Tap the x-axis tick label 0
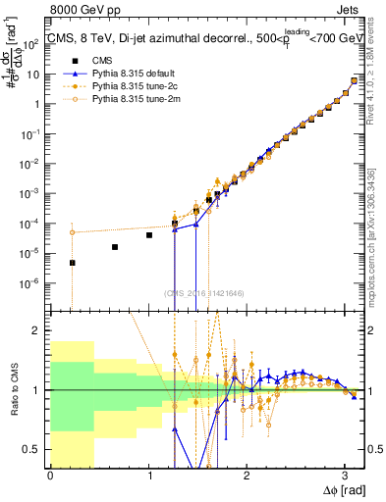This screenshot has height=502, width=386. point(50,476)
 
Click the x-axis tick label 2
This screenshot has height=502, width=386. point(247,476)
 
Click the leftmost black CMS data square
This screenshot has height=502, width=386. point(72,263)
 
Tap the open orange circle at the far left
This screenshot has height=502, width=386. point(72,232)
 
